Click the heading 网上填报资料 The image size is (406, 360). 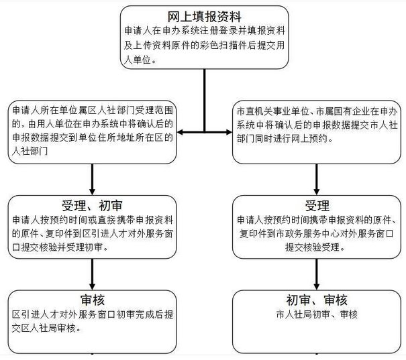coord(204,17)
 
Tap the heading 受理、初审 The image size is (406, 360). coord(92,206)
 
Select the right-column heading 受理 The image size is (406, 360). coord(317,206)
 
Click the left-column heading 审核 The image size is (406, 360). coord(93,300)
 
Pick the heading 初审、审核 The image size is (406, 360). coord(317,300)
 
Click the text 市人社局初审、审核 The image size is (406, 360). coord(317,314)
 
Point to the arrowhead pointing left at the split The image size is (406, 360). coord(180,132)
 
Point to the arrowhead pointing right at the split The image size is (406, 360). coord(229,132)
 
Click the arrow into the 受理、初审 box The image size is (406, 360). coord(92,180)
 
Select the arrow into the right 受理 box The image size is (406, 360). coord(316,180)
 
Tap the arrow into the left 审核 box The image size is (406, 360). coord(92,274)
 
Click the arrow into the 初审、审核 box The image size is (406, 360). coord(316,274)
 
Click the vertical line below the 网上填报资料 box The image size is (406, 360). coord(205,101)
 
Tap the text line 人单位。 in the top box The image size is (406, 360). coord(140,60)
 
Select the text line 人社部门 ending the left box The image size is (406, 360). coord(30,151)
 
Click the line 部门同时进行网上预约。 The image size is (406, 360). coord(285,139)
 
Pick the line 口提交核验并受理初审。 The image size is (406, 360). coord(60,247)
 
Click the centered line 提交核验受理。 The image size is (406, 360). coord(315,247)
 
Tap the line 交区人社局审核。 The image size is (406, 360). coord(46,328)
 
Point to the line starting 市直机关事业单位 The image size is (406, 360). coord(317,111)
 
